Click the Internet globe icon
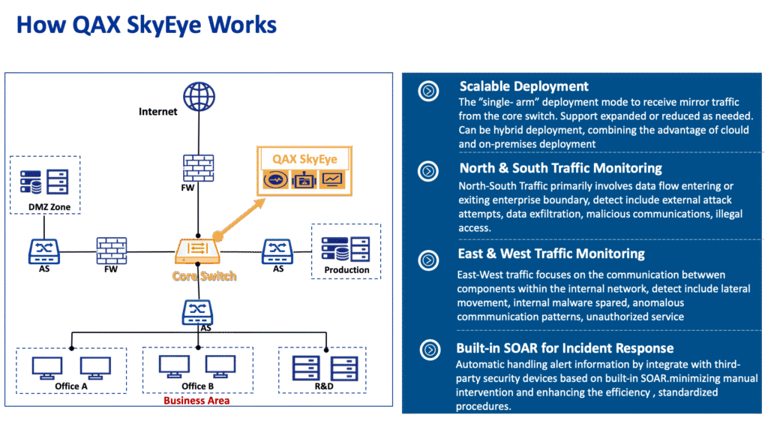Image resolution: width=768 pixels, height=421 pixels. [197, 98]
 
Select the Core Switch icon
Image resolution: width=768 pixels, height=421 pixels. [196, 250]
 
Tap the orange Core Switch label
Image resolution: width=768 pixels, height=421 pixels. [204, 275]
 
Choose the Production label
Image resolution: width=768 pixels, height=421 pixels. [347, 269]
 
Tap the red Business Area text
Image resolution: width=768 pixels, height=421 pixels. [196, 401]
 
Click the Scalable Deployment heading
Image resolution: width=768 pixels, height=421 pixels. [523, 86]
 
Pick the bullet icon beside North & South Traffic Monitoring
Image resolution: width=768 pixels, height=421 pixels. [428, 171]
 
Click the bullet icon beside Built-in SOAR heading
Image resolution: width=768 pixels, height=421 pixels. [428, 350]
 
